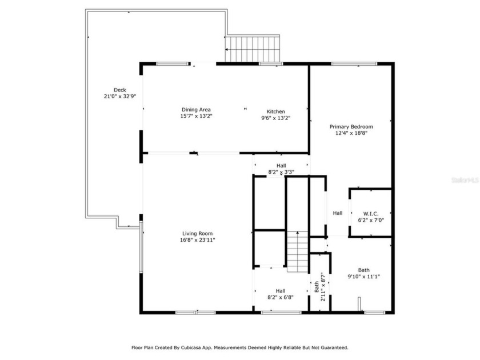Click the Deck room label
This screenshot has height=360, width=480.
(x=119, y=90)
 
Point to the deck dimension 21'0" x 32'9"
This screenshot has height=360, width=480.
(x=119, y=97)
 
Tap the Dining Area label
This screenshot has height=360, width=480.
(x=197, y=110)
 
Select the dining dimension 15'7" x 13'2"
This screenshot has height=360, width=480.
(x=197, y=117)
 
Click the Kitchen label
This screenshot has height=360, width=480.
(x=275, y=111)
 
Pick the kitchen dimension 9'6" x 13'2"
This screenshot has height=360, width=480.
(x=275, y=118)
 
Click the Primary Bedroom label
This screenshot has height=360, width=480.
(x=351, y=126)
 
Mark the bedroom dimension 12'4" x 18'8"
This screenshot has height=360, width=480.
(x=351, y=133)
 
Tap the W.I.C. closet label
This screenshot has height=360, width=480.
(x=370, y=213)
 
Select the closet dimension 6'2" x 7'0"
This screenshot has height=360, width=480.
(x=370, y=220)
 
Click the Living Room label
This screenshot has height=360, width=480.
(x=198, y=233)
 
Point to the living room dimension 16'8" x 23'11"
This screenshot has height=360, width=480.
(x=198, y=240)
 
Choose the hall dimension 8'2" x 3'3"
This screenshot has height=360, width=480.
(x=281, y=171)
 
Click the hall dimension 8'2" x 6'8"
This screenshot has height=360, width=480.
(x=281, y=297)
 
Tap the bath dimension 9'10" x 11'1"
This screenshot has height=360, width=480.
(x=364, y=277)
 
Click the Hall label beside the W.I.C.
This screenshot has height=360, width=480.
(x=338, y=213)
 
